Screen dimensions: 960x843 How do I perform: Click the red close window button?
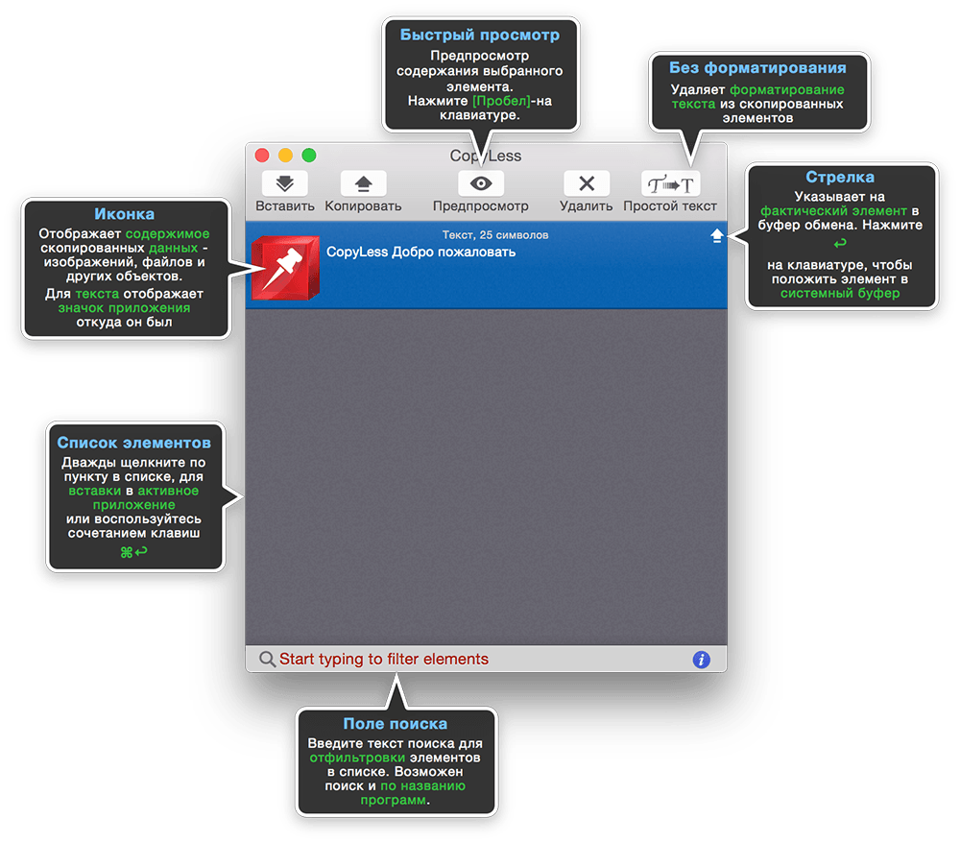(262, 156)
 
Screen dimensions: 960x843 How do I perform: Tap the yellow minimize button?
(285, 156)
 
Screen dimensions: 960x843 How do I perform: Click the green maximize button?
(309, 156)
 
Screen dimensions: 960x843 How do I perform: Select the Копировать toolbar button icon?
(363, 183)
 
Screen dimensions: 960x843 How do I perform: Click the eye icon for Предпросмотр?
(481, 183)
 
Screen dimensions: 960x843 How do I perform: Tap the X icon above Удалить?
(587, 183)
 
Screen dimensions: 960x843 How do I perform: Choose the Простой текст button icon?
(670, 183)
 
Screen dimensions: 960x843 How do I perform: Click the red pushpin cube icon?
(286, 268)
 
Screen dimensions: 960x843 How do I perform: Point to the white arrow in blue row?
(717, 235)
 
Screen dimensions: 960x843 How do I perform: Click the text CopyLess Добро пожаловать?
(420, 253)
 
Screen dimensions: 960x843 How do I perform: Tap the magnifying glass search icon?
(267, 660)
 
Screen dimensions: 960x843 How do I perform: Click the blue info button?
(702, 660)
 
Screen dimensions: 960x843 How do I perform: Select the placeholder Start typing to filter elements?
(384, 660)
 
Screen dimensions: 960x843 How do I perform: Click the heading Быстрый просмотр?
(480, 35)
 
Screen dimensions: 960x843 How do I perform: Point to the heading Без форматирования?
(758, 68)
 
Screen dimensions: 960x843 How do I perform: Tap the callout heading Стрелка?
(840, 178)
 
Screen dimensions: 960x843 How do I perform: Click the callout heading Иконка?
(124, 214)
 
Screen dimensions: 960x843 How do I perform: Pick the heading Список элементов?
(134, 443)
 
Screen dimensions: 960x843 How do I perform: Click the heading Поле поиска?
(396, 724)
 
